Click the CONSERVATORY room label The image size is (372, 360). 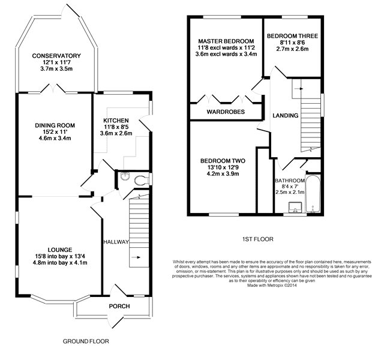56,56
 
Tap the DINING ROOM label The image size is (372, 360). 55,125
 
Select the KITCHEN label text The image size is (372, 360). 116,121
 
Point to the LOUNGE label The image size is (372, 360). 60,250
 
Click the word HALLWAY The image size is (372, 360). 116,242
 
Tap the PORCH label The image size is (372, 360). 119,306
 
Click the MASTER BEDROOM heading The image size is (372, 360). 226,41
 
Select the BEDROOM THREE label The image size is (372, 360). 292,36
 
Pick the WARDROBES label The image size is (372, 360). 226,112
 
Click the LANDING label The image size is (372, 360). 286,116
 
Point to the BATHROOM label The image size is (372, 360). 290,181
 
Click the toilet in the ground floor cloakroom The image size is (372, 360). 141,179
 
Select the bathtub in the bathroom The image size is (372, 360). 313,194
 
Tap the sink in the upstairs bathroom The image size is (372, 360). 295,207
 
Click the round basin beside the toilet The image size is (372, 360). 125,176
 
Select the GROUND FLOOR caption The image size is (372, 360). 86,341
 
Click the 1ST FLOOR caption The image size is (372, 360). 257,239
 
